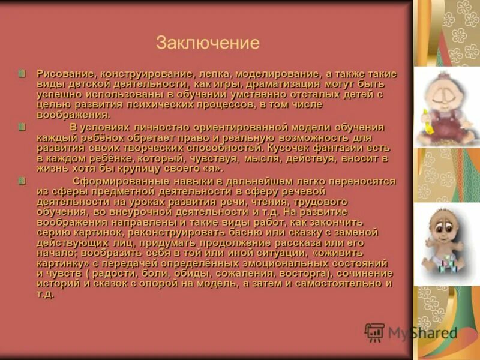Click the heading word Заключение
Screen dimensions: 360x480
click(208, 43)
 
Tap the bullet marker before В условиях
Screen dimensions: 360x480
click(22, 127)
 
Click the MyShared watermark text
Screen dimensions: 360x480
click(422, 333)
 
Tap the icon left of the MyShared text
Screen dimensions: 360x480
click(374, 332)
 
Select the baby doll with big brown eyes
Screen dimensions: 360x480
click(445, 237)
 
